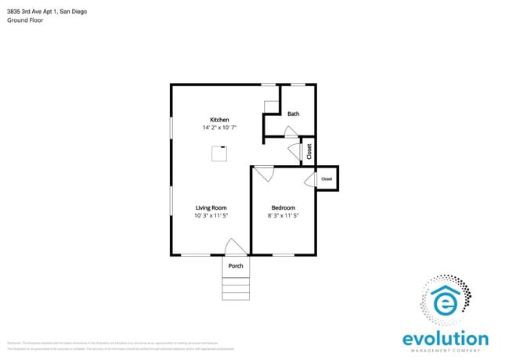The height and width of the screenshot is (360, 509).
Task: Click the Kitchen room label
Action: (x=218, y=120)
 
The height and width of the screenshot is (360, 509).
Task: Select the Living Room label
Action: (x=211, y=207)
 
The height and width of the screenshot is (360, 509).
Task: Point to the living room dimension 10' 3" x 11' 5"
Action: (x=211, y=215)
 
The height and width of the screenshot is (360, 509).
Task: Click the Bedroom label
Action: (x=283, y=207)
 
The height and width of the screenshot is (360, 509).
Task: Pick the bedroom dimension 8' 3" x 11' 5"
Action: (x=283, y=215)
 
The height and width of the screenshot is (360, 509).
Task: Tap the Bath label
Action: (x=293, y=114)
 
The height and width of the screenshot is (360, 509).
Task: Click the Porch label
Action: (x=236, y=266)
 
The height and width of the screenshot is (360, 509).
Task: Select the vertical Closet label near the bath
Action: (x=309, y=151)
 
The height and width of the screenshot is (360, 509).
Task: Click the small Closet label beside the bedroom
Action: (x=327, y=179)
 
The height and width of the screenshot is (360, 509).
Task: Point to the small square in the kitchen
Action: (x=219, y=154)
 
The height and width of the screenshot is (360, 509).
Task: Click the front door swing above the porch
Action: (x=234, y=247)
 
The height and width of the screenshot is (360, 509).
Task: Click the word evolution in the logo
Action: (x=445, y=338)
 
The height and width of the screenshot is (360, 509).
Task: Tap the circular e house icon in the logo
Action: (x=446, y=301)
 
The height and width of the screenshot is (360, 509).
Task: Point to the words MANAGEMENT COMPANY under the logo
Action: (x=445, y=351)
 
